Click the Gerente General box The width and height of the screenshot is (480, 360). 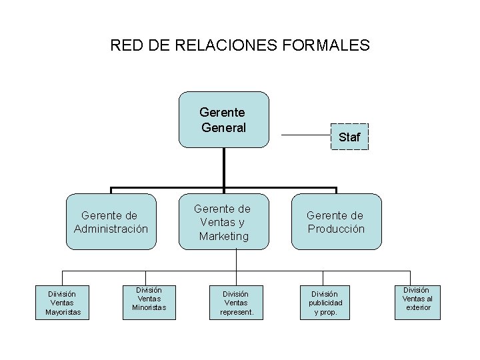pos(223,119)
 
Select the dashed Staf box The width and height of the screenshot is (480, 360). pos(349,137)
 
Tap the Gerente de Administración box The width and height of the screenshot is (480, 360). pos(111,223)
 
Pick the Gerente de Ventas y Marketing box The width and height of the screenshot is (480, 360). pos(223,223)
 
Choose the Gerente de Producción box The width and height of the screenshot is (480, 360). pos(336,223)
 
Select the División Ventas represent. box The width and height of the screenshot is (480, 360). pos(235,303)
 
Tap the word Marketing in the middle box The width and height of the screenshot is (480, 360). pos(223,236)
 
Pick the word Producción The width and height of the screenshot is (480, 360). pos(336,229)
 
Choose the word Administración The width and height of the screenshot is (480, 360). pos(111,229)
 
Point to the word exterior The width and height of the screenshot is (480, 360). pos(418,307)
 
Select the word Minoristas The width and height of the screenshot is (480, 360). pos(149,307)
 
